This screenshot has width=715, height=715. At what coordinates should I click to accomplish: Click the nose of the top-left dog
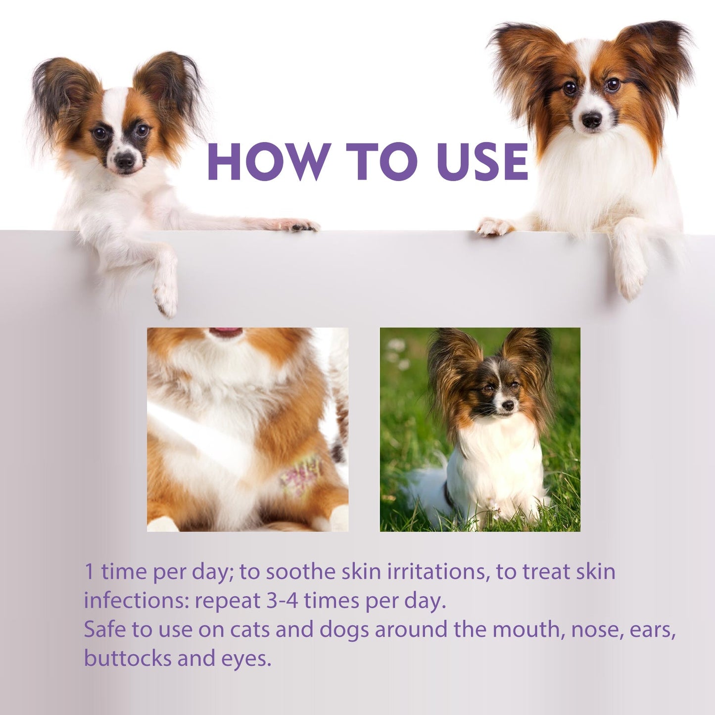point(124,159)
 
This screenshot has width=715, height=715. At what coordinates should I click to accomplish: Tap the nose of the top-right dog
point(591,119)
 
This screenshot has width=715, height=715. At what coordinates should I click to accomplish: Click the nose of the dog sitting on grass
point(507,405)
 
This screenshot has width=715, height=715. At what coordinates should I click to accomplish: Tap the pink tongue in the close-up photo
point(226,332)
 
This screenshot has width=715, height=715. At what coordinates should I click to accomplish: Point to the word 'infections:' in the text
point(136,601)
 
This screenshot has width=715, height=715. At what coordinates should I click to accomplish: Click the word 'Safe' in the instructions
point(104,629)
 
